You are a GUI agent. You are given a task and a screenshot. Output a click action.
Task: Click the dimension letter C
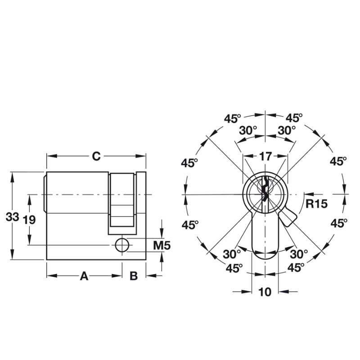pyautogui.click(x=96, y=156)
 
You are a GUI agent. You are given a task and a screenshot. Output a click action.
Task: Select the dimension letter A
pyautogui.click(x=84, y=276)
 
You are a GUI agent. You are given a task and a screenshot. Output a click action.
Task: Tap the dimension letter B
pyautogui.click(x=134, y=276)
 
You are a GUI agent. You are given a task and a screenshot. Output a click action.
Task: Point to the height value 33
pyautogui.click(x=13, y=217)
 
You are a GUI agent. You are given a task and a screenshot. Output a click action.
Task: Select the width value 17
pyautogui.click(x=265, y=157)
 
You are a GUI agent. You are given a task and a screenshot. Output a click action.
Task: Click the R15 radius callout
pyautogui.click(x=316, y=203)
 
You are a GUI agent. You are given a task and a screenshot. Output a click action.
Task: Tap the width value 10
pyautogui.click(x=265, y=292)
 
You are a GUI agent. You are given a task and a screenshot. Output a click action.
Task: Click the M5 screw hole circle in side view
pyautogui.click(x=121, y=245)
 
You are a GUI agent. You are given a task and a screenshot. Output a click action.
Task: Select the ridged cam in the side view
pyautogui.click(x=122, y=200)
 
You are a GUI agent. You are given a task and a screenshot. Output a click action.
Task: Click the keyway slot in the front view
pyautogui.click(x=265, y=193)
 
